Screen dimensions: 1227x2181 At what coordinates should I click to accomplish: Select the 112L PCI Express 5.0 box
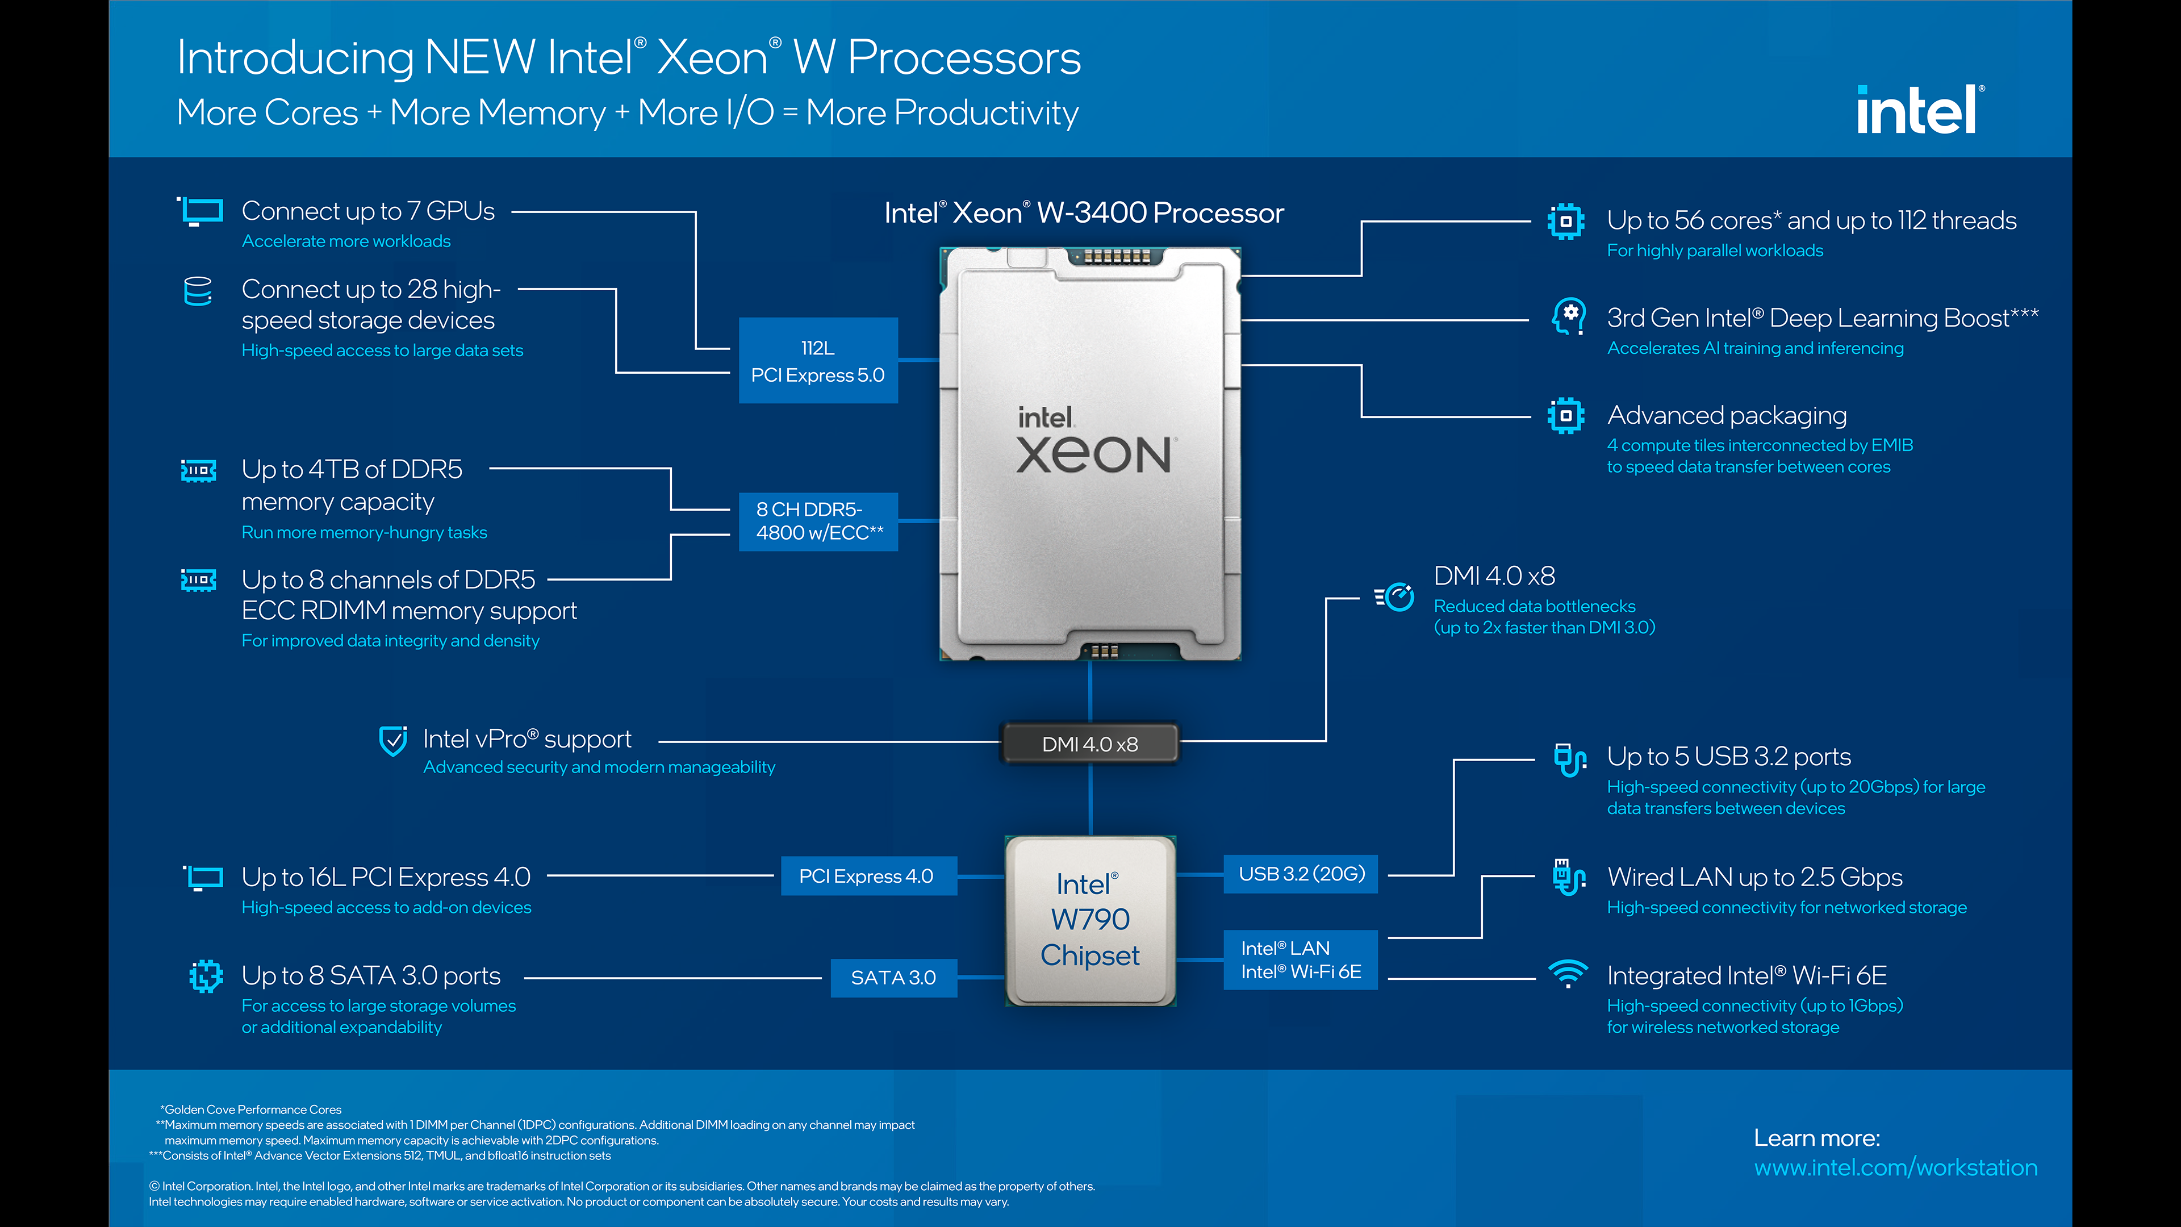pyautogui.click(x=817, y=361)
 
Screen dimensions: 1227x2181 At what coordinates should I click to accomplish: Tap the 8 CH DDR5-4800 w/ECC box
pyautogui.click(x=818, y=521)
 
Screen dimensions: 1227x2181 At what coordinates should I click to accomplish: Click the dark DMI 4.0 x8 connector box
pyautogui.click(x=1090, y=744)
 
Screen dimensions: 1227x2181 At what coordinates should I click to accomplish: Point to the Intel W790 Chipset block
pyautogui.click(x=1090, y=920)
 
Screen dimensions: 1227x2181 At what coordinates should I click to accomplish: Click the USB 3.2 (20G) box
pyautogui.click(x=1301, y=874)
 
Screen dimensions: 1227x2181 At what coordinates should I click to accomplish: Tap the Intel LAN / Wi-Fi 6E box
pyautogui.click(x=1301, y=960)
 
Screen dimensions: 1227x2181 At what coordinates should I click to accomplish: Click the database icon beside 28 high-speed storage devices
pyautogui.click(x=198, y=290)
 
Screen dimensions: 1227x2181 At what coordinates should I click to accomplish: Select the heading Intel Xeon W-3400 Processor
pyautogui.click(x=1084, y=212)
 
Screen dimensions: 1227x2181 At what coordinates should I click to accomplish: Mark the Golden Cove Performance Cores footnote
pyautogui.click(x=252, y=1109)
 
